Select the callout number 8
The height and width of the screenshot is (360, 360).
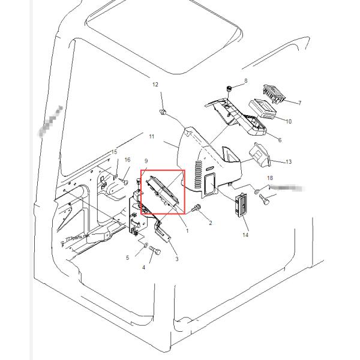click(x=245, y=80)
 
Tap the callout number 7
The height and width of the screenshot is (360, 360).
click(x=299, y=103)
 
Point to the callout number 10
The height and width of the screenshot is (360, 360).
click(x=288, y=122)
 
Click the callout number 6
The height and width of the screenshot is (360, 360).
click(x=279, y=140)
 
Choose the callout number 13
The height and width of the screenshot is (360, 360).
click(x=289, y=162)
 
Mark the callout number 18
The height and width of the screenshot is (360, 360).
click(x=270, y=178)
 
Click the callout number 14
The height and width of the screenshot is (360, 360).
click(x=245, y=235)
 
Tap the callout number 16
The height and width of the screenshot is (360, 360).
click(x=127, y=160)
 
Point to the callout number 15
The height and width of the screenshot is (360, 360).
click(x=114, y=152)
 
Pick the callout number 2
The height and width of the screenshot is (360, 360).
click(x=210, y=223)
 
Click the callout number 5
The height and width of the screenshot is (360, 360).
click(x=127, y=258)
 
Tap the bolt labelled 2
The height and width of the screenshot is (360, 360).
click(x=196, y=209)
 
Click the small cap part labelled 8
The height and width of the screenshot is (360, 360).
click(x=229, y=89)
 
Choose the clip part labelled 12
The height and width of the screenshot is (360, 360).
click(x=163, y=111)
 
